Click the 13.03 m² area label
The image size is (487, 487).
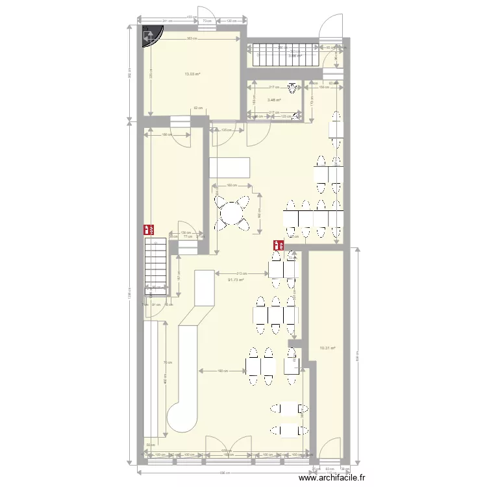tap(192, 74)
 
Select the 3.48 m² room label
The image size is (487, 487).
tap(274, 99)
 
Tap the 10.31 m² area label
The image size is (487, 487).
tap(327, 348)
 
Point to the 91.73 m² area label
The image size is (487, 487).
tap(236, 280)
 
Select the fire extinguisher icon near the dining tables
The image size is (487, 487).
tap(278, 245)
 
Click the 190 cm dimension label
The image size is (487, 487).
tap(222, 371)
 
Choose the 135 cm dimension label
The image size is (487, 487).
tap(225, 130)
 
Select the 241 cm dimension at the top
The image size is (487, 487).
tap(166, 21)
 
